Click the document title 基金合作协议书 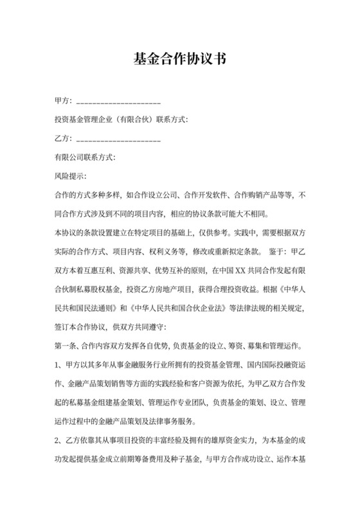(x=179, y=59)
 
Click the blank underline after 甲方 (x=118, y=102)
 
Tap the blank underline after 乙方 (x=118, y=139)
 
